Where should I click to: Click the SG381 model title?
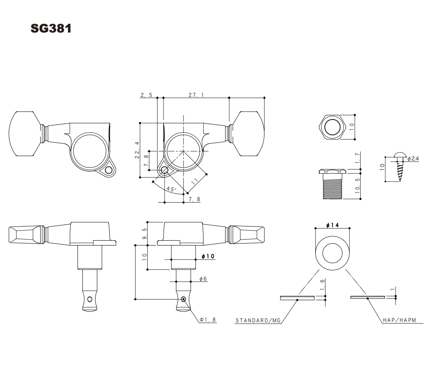[x=51, y=28]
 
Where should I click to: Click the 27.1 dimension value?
[x=196, y=95]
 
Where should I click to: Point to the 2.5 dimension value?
[x=146, y=95]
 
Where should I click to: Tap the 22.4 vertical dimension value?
[x=137, y=150]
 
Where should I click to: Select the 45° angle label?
[x=171, y=189]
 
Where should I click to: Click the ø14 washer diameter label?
[x=332, y=225]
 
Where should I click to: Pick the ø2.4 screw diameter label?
[x=413, y=159]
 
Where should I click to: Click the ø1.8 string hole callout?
[x=208, y=320]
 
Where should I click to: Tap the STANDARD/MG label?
[x=258, y=321]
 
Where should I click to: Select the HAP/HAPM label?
[x=399, y=320]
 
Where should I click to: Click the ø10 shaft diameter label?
[x=208, y=256]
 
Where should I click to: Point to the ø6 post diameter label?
[x=203, y=279]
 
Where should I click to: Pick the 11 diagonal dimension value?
[x=195, y=180]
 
